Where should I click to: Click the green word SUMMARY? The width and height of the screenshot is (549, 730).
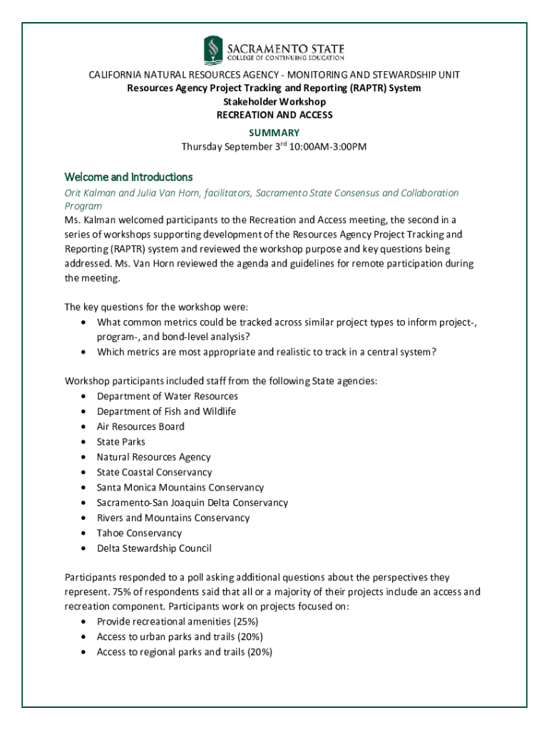pyautogui.click(x=274, y=133)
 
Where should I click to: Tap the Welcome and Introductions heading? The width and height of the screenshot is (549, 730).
pyautogui.click(x=128, y=177)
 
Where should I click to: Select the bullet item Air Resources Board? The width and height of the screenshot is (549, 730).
pyautogui.click(x=140, y=426)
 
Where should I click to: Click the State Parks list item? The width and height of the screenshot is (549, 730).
pyautogui.click(x=121, y=442)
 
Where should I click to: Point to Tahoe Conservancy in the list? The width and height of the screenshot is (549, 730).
pyautogui.click(x=139, y=533)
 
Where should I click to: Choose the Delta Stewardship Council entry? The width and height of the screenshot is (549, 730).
pyautogui.click(x=154, y=548)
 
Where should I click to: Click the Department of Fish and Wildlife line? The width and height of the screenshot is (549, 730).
pyautogui.click(x=166, y=411)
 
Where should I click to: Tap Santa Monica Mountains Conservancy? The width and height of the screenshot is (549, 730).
pyautogui.click(x=180, y=488)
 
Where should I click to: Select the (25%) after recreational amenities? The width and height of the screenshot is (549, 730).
pyautogui.click(x=243, y=622)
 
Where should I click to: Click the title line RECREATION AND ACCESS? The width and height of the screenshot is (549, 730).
pyautogui.click(x=274, y=115)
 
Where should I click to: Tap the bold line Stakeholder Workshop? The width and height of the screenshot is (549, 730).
pyautogui.click(x=274, y=102)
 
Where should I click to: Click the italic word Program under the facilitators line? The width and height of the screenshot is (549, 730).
pyautogui.click(x=83, y=206)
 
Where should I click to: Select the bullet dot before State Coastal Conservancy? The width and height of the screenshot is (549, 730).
pyautogui.click(x=84, y=473)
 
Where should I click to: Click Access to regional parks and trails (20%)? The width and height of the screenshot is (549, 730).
pyautogui.click(x=185, y=652)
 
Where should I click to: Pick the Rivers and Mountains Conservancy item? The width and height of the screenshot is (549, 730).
pyautogui.click(x=173, y=518)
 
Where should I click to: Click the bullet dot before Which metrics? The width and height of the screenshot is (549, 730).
pyautogui.click(x=84, y=352)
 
